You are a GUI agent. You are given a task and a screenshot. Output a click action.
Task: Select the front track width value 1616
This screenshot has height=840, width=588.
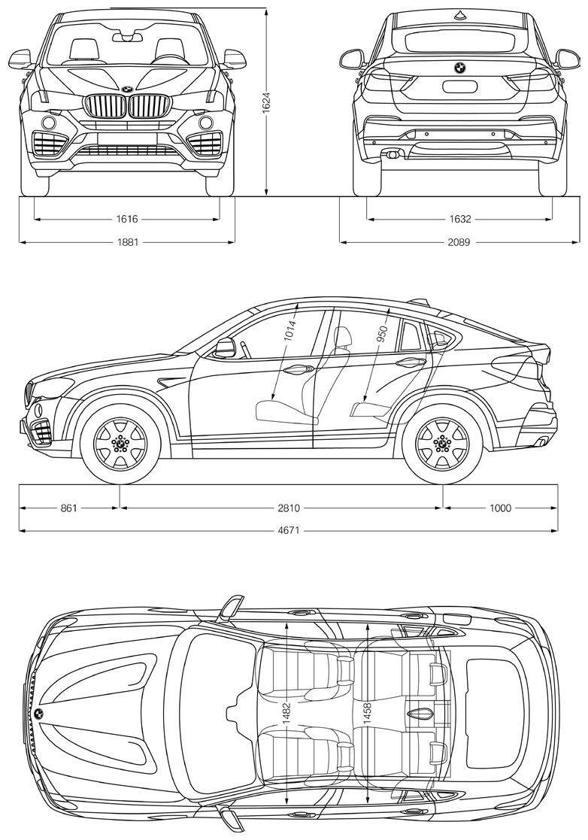(x=127, y=219)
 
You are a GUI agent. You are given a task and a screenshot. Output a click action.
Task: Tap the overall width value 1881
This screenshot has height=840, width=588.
(x=128, y=242)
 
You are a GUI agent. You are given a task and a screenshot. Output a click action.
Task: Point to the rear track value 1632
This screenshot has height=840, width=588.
(x=460, y=219)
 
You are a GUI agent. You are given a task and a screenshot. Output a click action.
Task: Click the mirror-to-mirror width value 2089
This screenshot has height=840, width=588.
(x=459, y=242)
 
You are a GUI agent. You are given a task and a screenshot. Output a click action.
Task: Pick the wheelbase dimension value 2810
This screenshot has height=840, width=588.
(x=289, y=508)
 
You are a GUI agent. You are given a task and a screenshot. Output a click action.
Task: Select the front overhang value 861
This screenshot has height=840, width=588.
(x=69, y=508)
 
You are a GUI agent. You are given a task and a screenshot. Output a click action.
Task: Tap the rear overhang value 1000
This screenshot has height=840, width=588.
(x=500, y=508)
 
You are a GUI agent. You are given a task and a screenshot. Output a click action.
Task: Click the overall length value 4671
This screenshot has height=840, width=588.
(x=289, y=530)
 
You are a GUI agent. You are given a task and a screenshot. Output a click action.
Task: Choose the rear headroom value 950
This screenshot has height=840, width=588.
(x=382, y=332)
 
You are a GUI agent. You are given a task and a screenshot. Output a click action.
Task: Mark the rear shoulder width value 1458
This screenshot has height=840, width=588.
(x=367, y=713)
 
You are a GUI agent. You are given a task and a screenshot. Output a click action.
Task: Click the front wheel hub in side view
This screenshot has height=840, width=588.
(x=120, y=442)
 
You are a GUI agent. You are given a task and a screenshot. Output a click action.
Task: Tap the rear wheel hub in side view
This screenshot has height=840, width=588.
(x=442, y=442)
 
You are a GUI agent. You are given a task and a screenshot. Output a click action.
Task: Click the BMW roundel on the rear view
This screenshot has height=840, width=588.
(x=459, y=68)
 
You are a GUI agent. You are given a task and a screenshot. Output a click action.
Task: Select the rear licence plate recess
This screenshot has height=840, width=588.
(x=459, y=86)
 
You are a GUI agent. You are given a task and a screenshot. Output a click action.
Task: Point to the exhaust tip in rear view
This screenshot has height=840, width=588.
(x=393, y=154)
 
